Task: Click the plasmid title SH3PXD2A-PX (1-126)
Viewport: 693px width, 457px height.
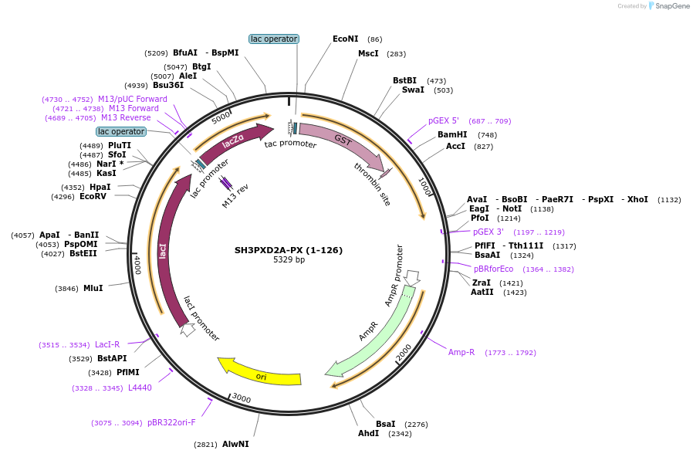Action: (x=289, y=250)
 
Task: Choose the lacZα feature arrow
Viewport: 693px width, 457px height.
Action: (x=235, y=141)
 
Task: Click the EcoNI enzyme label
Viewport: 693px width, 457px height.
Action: (x=346, y=39)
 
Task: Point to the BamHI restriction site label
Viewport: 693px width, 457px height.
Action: (x=452, y=134)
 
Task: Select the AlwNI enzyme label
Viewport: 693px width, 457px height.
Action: (x=235, y=444)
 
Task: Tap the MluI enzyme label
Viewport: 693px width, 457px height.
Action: (x=93, y=288)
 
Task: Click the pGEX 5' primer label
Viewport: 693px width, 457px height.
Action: (x=444, y=120)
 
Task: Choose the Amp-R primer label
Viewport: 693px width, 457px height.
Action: (x=461, y=352)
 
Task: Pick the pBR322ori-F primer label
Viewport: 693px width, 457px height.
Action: (x=171, y=422)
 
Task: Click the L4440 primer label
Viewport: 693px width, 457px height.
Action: (x=140, y=388)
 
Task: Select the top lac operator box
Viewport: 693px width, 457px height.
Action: (x=274, y=39)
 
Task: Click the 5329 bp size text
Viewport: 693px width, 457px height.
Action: (x=289, y=260)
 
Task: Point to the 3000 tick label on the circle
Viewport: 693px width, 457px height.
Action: (x=242, y=398)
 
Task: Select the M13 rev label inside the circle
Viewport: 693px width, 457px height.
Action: (x=235, y=197)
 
